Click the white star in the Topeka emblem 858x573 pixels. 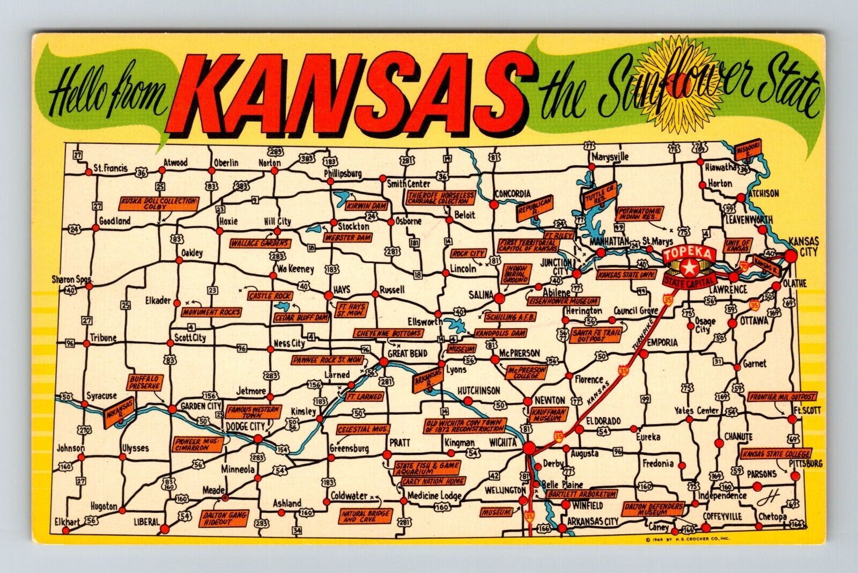pyautogui.click(x=689, y=266)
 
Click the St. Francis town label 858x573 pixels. pyautogui.click(x=110, y=168)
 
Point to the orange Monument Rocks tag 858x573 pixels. pyautogui.click(x=211, y=312)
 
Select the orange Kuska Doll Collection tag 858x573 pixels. pyautogui.click(x=159, y=203)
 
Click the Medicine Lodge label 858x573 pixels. pyautogui.click(x=434, y=496)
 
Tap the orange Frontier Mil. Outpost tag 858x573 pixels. pyautogui.click(x=781, y=397)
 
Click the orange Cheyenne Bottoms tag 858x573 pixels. pyautogui.click(x=388, y=333)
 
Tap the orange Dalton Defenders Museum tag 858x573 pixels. pyautogui.click(x=653, y=509)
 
